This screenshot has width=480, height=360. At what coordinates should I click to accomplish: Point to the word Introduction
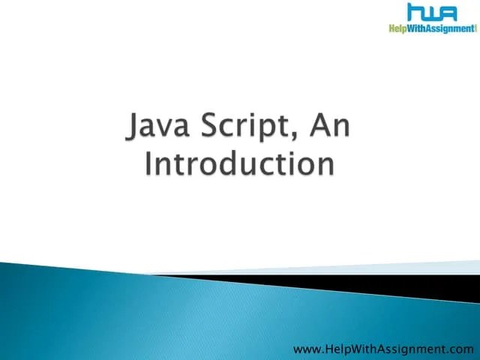pos(239,166)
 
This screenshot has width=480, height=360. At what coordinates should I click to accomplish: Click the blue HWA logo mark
pos(433,13)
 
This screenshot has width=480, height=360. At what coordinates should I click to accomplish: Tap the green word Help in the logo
pos(399,29)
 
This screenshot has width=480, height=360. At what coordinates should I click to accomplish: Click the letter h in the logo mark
pos(415,13)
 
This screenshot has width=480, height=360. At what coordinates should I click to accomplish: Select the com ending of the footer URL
pos(463,349)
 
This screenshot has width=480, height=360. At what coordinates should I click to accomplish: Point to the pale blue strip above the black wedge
pos(360,268)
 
